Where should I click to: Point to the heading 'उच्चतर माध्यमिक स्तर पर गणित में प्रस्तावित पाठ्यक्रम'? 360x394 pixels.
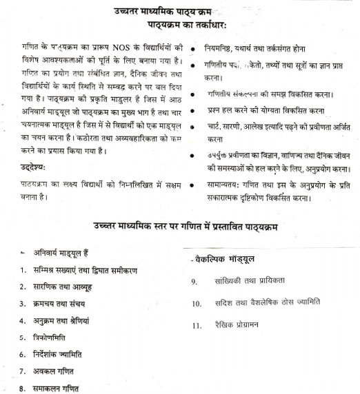click(x=185, y=228)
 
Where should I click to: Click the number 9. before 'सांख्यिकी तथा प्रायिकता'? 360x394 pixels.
click(x=195, y=281)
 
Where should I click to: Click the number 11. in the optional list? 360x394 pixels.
click(x=197, y=325)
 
